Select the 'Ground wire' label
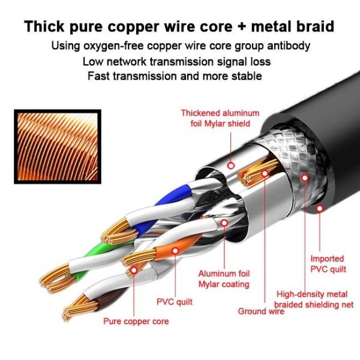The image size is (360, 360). [x=261, y=311]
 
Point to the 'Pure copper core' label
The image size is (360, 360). [x=136, y=321]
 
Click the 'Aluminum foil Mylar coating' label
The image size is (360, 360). [x=224, y=278]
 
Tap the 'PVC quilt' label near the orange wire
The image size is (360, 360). [x=175, y=302]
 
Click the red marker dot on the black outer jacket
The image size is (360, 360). [x=320, y=208]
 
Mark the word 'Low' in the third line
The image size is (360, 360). [x=93, y=61]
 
